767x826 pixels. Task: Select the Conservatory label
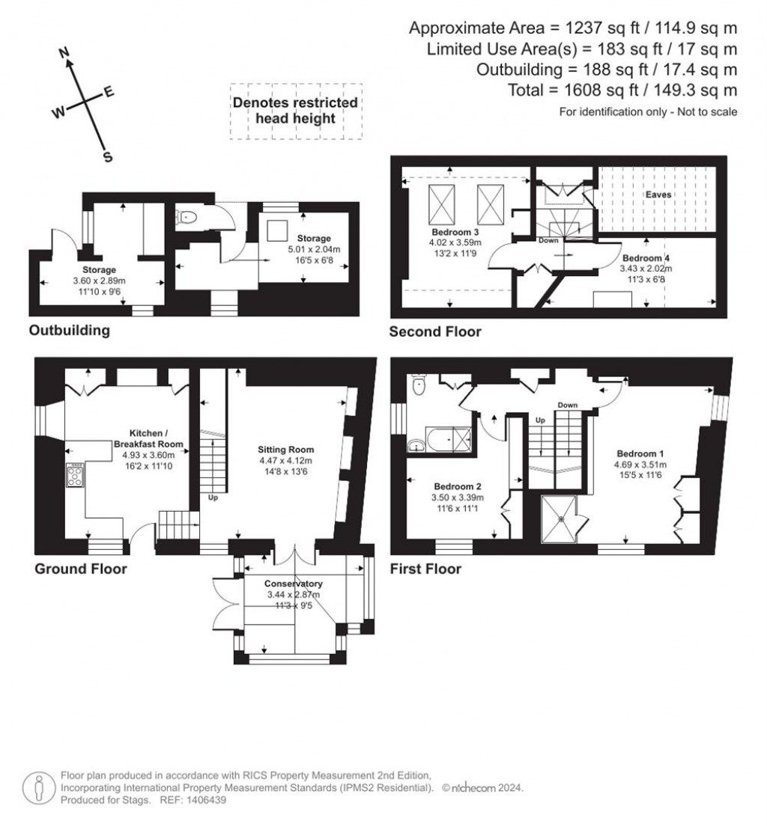pos(293,583)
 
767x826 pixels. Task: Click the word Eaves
pos(659,195)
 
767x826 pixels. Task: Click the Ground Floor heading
pos(80,569)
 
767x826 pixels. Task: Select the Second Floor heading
pos(435,331)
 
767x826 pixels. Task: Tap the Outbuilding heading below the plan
pos(69,330)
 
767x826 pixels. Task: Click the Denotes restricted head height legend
pos(295,110)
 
